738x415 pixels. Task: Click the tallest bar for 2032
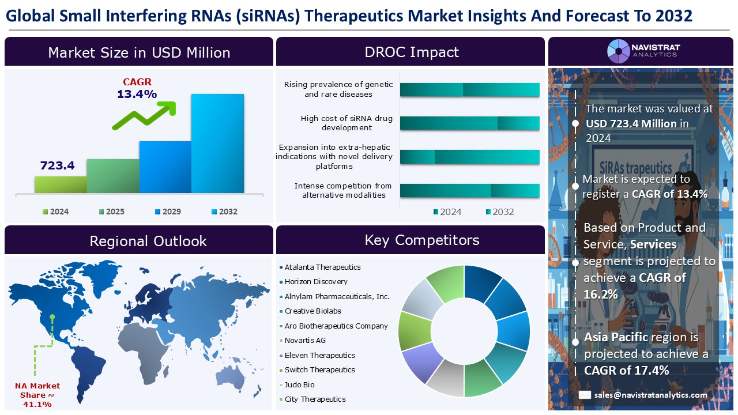pos(217,143)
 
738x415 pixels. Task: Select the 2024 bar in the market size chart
pos(61,184)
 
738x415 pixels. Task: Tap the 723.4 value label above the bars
pos(57,165)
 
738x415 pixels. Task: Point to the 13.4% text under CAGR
pos(137,94)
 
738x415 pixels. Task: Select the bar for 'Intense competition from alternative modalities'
pos(469,191)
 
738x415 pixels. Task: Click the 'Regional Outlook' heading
pos(148,240)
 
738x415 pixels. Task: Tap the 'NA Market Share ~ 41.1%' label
pos(37,395)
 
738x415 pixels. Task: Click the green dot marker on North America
pos(52,316)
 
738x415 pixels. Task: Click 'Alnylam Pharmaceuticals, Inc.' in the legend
pos(337,296)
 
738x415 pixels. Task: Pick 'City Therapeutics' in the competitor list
pos(315,399)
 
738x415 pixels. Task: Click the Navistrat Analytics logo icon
pos(618,51)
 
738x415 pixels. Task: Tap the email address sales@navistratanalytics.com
pos(650,395)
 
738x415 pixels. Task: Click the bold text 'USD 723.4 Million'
pos(631,123)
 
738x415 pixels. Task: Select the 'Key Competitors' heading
pos(421,240)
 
